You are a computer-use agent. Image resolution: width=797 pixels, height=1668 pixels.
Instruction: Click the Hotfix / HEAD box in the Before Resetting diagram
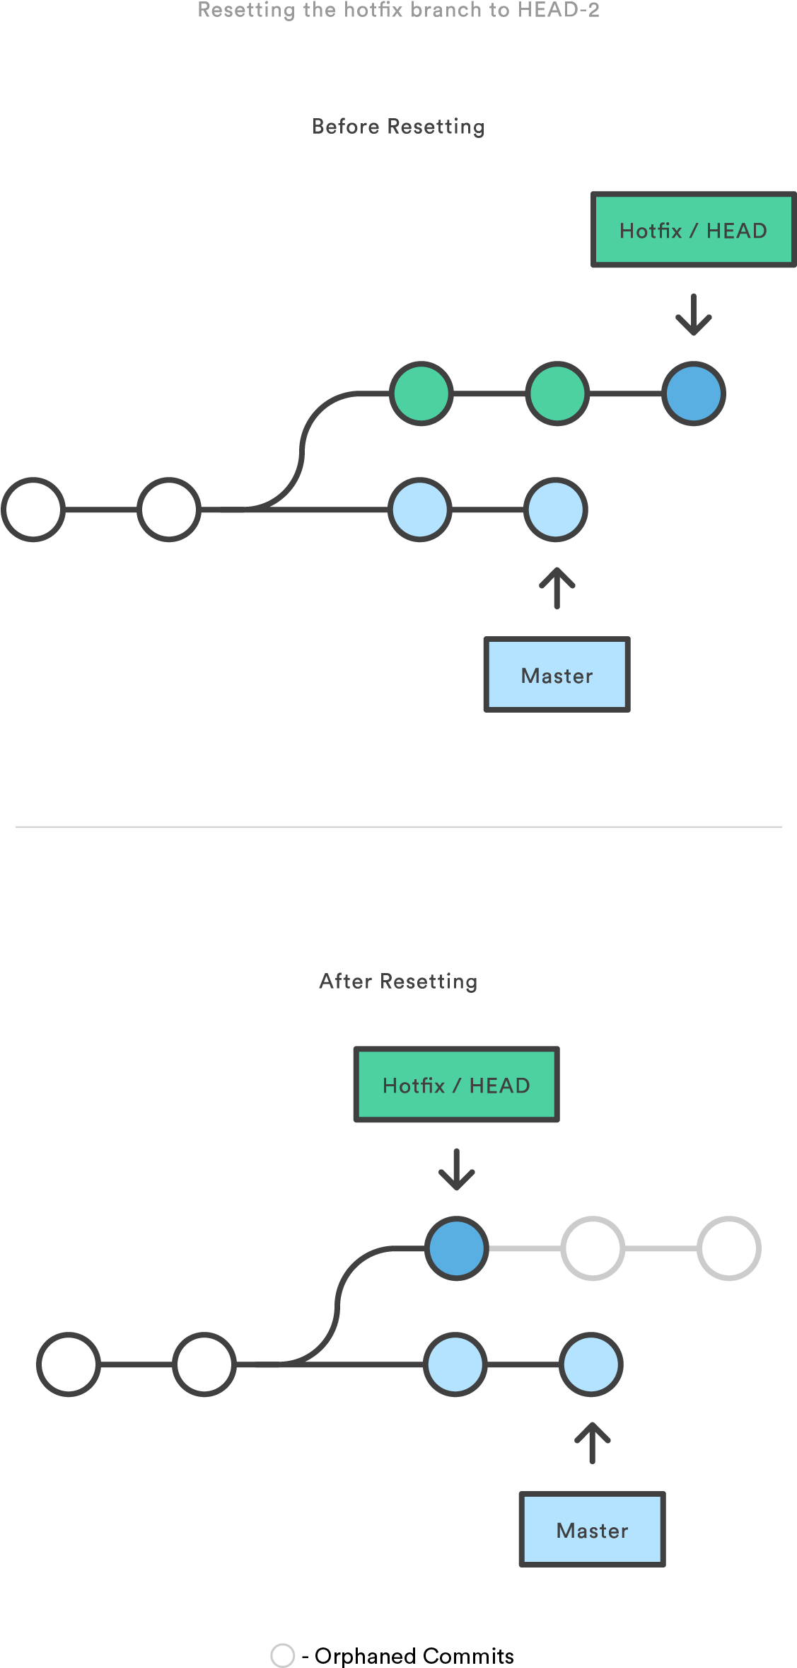(x=693, y=230)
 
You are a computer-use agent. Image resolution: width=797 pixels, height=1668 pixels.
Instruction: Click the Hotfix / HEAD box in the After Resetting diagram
(x=456, y=1085)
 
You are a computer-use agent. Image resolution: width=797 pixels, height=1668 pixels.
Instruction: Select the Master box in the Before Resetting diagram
(x=557, y=675)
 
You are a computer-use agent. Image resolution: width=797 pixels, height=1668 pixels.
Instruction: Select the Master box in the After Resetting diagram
(x=592, y=1530)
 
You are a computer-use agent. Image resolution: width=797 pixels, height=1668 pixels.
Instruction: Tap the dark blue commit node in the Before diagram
(x=694, y=393)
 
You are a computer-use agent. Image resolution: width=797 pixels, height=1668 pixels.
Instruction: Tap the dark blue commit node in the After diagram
(x=457, y=1248)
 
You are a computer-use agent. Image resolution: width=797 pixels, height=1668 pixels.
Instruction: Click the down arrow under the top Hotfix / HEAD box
(x=694, y=315)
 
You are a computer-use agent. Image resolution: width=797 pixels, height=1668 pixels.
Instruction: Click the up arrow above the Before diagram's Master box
(x=557, y=588)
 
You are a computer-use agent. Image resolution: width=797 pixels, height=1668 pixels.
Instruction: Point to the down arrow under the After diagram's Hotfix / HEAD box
(x=457, y=1169)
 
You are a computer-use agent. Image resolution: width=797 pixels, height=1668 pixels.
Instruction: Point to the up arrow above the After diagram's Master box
(x=592, y=1443)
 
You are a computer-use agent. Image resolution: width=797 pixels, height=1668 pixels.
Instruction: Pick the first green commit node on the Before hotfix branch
(x=421, y=393)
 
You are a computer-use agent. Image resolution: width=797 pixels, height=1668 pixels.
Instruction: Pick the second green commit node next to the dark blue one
(x=557, y=393)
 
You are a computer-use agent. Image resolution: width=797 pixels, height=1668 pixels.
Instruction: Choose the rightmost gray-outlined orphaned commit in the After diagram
(x=729, y=1248)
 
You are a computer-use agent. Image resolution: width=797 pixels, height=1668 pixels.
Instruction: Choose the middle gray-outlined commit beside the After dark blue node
(x=593, y=1248)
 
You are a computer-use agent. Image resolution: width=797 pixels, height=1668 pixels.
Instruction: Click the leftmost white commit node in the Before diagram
(x=33, y=510)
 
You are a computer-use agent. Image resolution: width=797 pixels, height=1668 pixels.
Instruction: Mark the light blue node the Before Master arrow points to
(x=556, y=510)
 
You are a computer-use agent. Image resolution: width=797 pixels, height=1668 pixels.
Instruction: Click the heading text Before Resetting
(x=398, y=127)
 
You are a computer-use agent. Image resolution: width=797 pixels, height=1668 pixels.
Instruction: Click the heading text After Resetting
(x=398, y=982)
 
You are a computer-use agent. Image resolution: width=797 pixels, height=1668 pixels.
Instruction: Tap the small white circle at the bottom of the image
(x=283, y=1655)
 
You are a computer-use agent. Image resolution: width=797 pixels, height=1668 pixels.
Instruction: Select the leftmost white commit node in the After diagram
(x=69, y=1364)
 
